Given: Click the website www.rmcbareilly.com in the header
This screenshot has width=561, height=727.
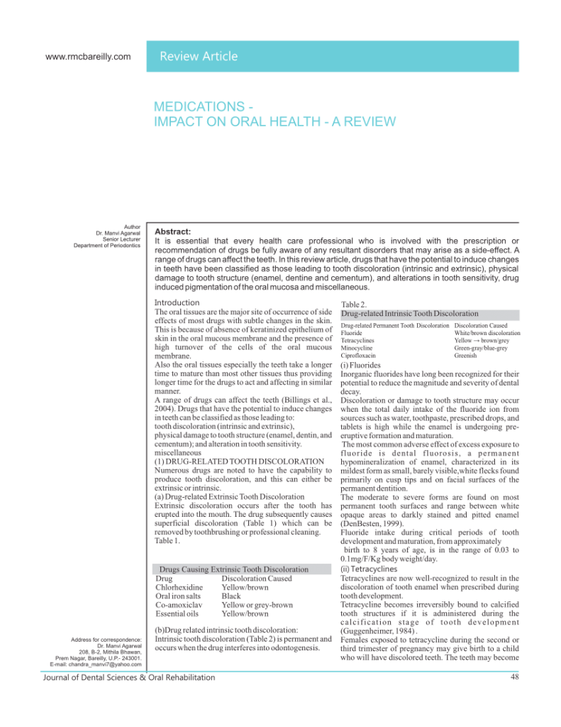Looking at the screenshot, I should [88, 57].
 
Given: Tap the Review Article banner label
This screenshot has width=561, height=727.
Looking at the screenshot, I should [199, 57].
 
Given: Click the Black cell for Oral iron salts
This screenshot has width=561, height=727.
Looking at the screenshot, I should [231, 596].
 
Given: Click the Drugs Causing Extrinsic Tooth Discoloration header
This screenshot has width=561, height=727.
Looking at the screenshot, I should [234, 569].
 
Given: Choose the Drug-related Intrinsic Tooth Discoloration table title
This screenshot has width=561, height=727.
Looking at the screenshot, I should [409, 313].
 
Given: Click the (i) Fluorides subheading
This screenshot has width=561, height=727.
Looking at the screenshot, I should [361, 366].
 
